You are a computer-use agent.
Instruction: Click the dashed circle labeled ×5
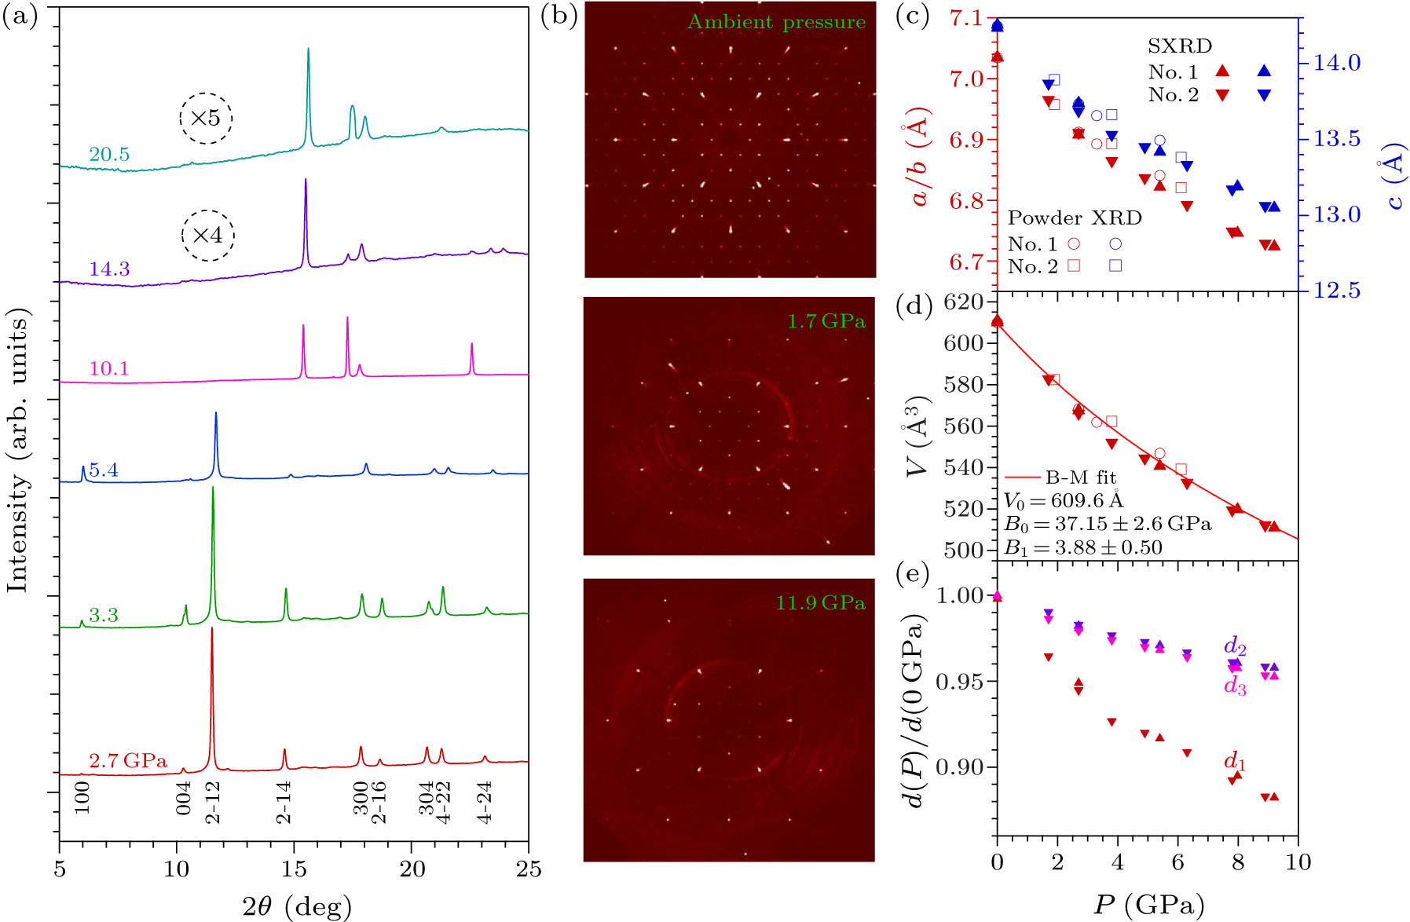coord(206,119)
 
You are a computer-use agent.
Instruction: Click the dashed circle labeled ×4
coord(207,235)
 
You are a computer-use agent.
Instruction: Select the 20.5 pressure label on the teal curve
coord(109,155)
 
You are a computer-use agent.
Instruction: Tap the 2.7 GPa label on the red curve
coord(128,760)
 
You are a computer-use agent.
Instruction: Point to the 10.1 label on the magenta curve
coord(109,368)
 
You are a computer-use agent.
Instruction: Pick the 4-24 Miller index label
coord(485,801)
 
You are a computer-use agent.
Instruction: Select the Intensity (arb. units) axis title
coord(17,453)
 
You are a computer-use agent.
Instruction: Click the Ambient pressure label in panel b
coord(776,22)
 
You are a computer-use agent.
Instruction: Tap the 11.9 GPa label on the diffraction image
coord(820,602)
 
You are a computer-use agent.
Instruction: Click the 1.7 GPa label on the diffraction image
coord(826,320)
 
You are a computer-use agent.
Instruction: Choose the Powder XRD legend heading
coord(1075,218)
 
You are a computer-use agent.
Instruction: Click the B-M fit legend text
coord(1080,477)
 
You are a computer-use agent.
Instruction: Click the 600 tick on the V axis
coord(965,343)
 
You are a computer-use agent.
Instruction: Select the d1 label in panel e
coord(1235,761)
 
